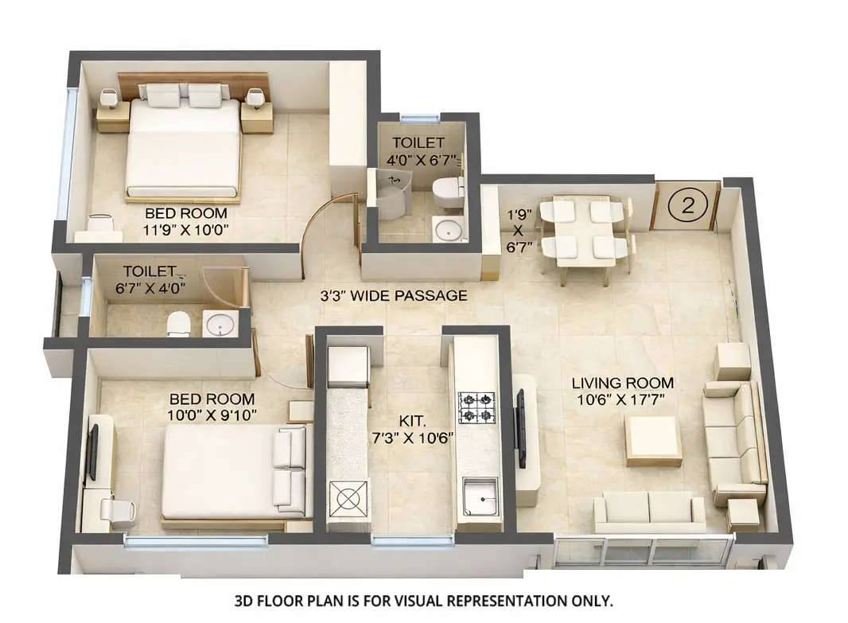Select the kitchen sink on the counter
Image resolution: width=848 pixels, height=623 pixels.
pos(480,496)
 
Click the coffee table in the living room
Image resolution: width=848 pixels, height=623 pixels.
pos(653,439)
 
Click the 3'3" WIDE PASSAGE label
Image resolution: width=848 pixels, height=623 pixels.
pos(393,295)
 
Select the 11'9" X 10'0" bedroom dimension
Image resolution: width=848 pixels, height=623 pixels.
pos(185,230)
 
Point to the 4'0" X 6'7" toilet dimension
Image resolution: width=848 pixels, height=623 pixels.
pos(422,159)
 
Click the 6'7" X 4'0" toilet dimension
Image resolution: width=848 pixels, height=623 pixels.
pos(154,287)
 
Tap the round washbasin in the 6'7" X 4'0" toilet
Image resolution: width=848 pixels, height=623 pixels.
pos(219,324)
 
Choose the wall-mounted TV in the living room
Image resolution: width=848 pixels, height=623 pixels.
pos(521,428)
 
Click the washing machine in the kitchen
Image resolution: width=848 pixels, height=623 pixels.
pos(348,499)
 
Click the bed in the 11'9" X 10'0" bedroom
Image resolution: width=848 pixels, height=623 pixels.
pos(184,147)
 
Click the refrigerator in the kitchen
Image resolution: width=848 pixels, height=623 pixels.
pos(348,367)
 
